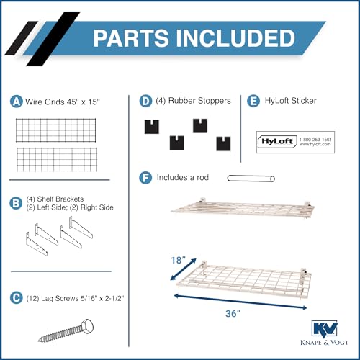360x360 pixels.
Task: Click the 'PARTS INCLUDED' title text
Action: pos(193,38)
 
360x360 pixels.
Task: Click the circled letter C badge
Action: pos(17,295)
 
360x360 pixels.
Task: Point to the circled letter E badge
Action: pos(253,101)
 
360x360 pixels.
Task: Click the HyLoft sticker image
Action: pos(295,141)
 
